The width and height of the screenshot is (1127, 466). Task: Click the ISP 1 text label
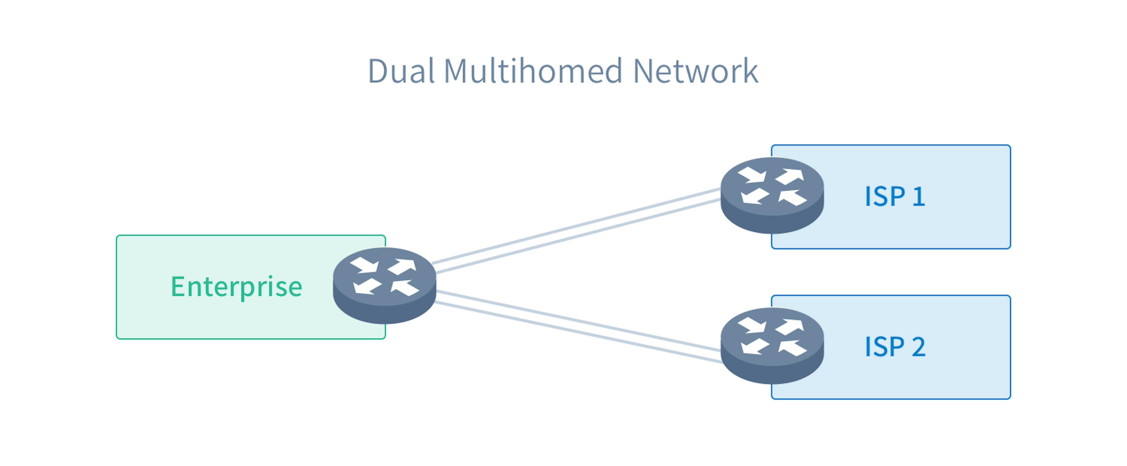click(894, 196)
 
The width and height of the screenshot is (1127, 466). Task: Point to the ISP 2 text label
click(894, 347)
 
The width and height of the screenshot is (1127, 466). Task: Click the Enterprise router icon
click(384, 285)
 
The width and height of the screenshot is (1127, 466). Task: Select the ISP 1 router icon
click(772, 195)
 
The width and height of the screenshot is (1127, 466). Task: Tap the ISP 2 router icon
click(772, 346)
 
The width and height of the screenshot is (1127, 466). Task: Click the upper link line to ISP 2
click(578, 320)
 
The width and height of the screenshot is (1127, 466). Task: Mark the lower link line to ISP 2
click(578, 332)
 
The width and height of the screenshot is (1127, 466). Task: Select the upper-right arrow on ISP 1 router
click(791, 176)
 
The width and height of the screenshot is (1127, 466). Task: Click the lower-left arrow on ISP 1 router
click(754, 196)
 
